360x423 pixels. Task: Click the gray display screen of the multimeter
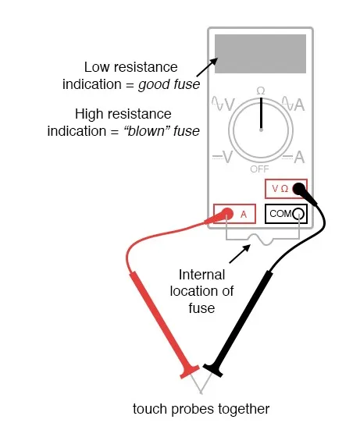(260, 54)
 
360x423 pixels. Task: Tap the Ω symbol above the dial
(261, 91)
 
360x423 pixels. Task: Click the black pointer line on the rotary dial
(261, 113)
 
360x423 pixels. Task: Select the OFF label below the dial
(259, 169)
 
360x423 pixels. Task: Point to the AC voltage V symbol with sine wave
(223, 104)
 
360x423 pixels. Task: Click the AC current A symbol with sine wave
(294, 104)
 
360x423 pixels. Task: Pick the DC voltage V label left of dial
(223, 157)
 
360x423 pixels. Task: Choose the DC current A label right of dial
(294, 157)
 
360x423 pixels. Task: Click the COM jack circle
(298, 214)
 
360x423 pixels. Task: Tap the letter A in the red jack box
(244, 215)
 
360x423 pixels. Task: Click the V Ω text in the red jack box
(280, 189)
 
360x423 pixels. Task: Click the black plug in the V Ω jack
(304, 192)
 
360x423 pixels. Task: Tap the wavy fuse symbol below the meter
(262, 240)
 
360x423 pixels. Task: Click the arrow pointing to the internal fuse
(240, 254)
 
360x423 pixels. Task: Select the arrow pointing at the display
(207, 67)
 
